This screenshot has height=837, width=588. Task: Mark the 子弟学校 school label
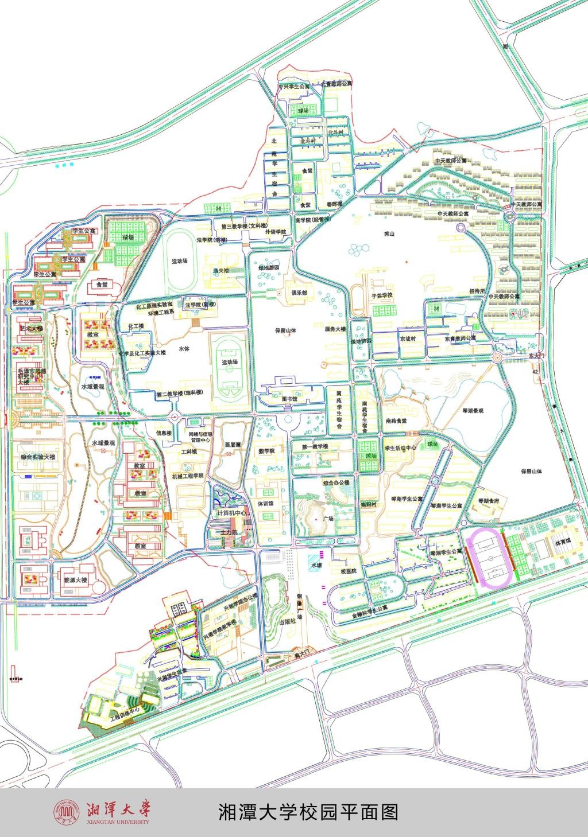pyautogui.click(x=381, y=295)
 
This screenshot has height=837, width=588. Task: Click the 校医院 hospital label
pyautogui.click(x=349, y=571)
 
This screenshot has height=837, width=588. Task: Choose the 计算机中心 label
pyautogui.click(x=233, y=513)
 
